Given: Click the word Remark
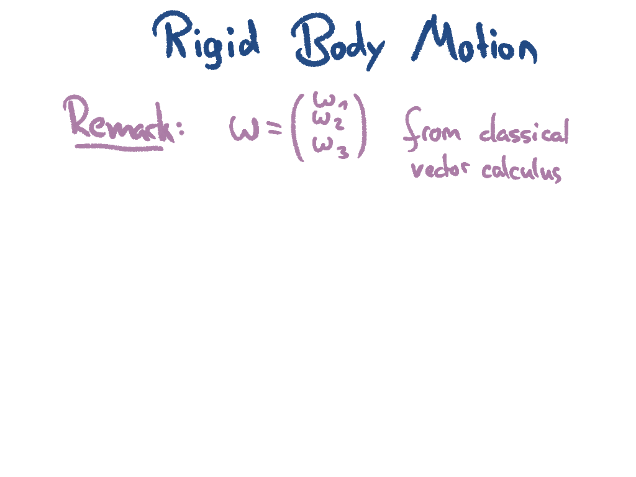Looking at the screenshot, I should pyautogui.click(x=118, y=121).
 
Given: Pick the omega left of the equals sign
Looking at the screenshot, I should pyautogui.click(x=243, y=129).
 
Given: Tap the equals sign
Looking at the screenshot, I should pyautogui.click(x=271, y=128).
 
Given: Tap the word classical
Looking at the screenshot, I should pyautogui.click(x=524, y=132).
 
